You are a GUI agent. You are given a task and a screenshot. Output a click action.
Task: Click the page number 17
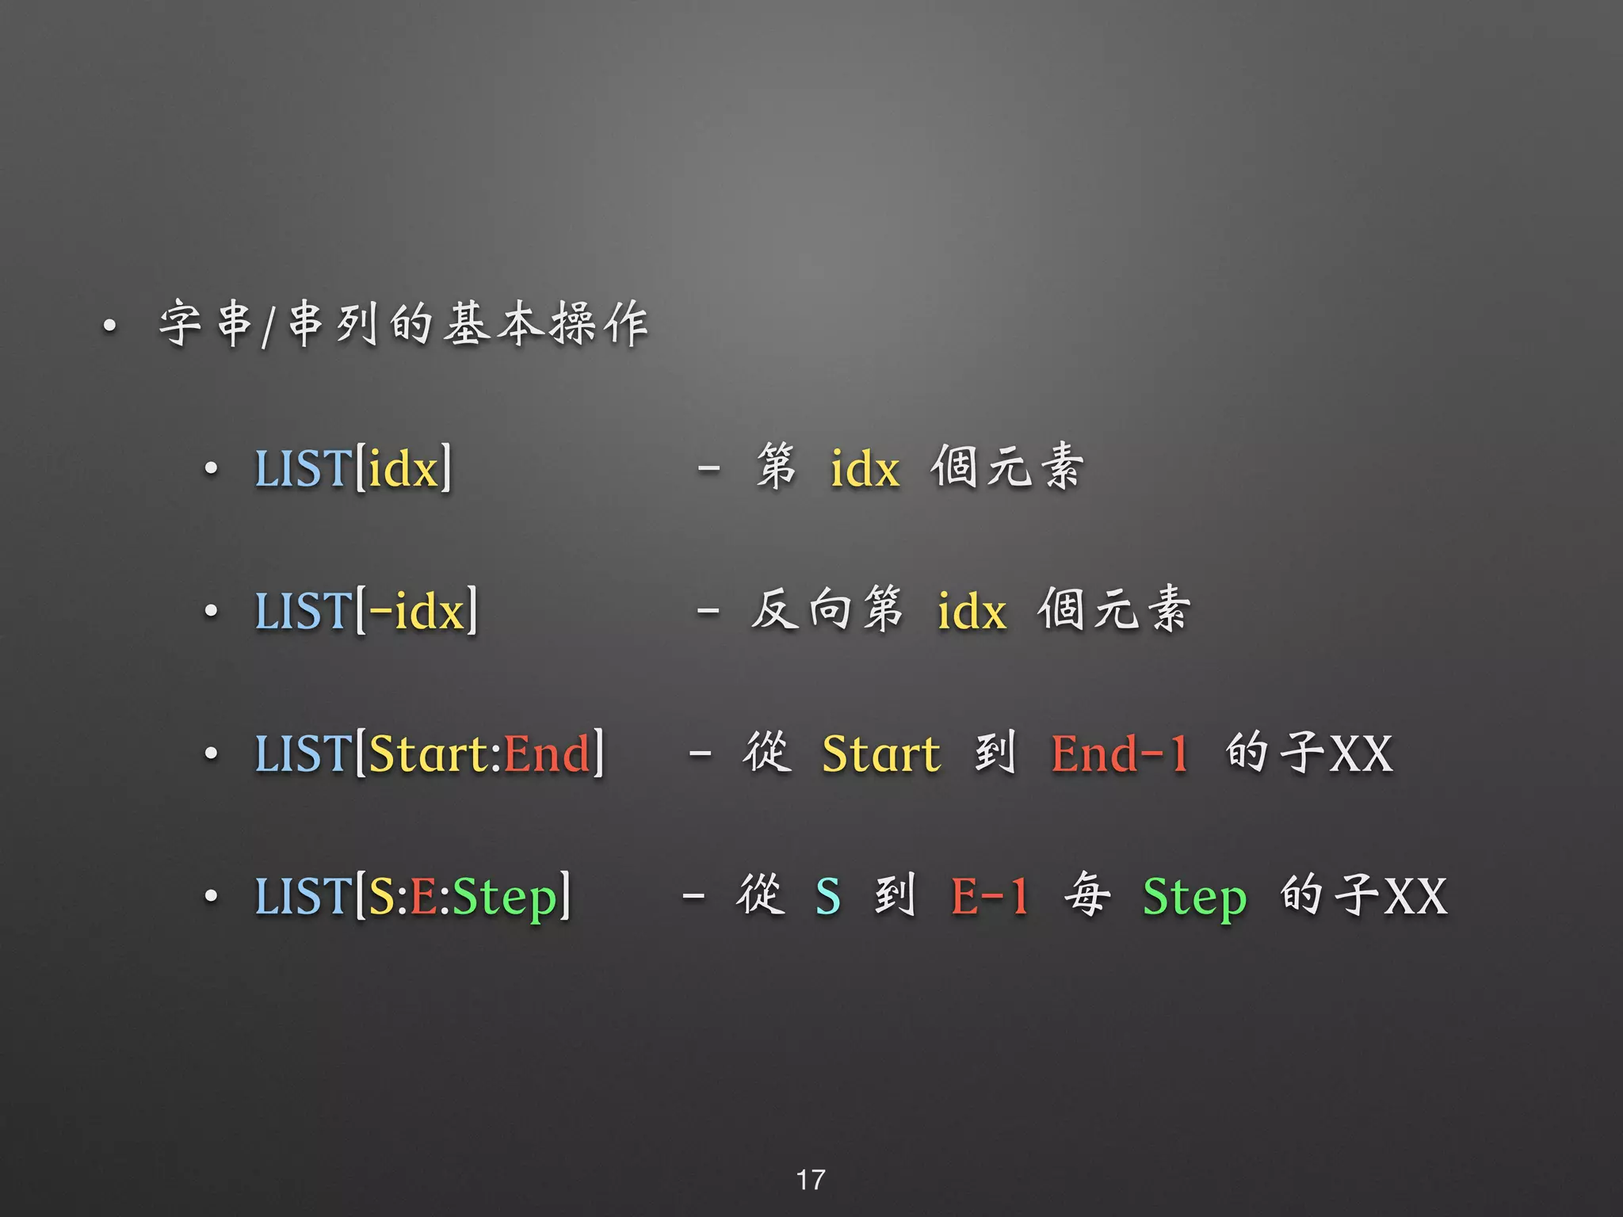click(x=810, y=1179)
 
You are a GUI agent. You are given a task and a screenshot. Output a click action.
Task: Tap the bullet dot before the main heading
click(x=109, y=325)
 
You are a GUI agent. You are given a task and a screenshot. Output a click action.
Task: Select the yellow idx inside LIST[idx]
click(x=403, y=468)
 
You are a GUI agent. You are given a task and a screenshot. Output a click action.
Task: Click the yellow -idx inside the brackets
click(x=416, y=611)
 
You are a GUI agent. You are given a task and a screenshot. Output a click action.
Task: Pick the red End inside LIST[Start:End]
click(x=547, y=753)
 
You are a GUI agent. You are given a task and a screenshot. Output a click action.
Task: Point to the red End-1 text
click(x=1119, y=753)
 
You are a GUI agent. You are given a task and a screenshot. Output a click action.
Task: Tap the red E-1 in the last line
click(x=989, y=897)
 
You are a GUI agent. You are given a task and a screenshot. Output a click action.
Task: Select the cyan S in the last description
click(x=827, y=897)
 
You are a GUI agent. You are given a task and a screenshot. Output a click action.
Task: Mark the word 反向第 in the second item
click(x=827, y=610)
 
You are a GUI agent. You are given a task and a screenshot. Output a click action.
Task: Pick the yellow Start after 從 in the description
click(x=880, y=753)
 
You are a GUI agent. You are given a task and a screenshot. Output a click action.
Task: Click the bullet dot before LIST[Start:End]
click(x=211, y=753)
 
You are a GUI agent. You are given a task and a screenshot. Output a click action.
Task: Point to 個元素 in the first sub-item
click(x=1006, y=467)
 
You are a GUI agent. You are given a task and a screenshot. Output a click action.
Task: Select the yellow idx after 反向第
click(x=972, y=611)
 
